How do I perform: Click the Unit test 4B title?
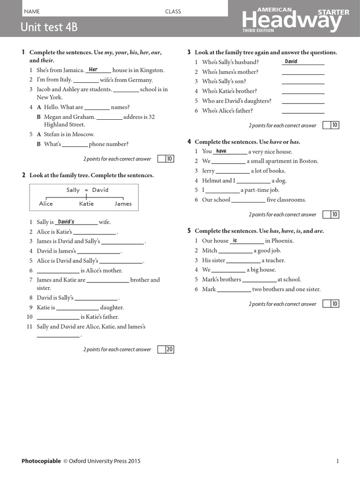pyautogui.click(x=49, y=27)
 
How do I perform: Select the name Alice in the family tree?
pyautogui.click(x=46, y=203)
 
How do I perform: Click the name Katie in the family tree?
pyautogui.click(x=86, y=203)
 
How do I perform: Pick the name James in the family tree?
pyautogui.click(x=123, y=203)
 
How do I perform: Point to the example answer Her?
pyautogui.click(x=93, y=70)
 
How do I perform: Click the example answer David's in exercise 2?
pyautogui.click(x=66, y=222)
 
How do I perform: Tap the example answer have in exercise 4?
pyautogui.click(x=221, y=151)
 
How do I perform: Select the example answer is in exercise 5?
pyautogui.click(x=235, y=240)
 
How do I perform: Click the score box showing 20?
pyautogui.click(x=169, y=349)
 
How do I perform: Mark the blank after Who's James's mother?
pyautogui.click(x=303, y=72)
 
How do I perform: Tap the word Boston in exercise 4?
pyautogui.click(x=308, y=161)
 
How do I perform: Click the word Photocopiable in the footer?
pyautogui.click(x=41, y=461)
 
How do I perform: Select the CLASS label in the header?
pyautogui.click(x=172, y=11)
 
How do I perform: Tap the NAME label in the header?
pyautogui.click(x=32, y=11)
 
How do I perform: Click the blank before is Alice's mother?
pyautogui.click(x=58, y=270)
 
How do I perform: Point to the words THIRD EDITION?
pyautogui.click(x=255, y=30)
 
